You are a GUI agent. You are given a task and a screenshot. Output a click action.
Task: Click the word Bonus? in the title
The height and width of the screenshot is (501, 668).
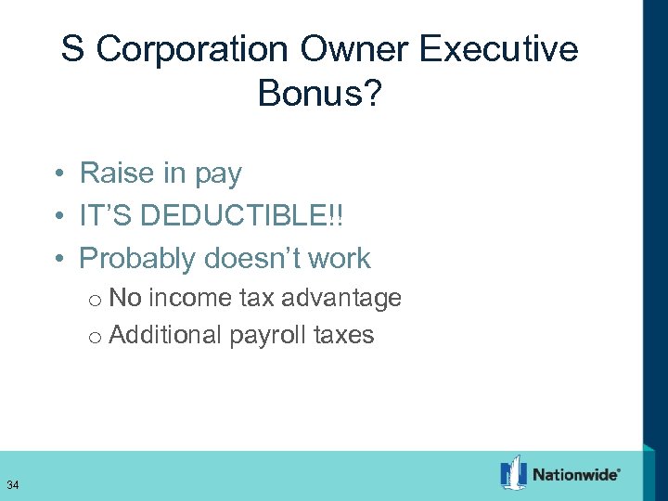coord(319,92)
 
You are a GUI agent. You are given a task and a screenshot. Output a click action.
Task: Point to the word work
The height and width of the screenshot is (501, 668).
coord(340,259)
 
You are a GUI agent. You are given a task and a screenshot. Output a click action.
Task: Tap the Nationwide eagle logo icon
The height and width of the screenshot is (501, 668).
coord(513,473)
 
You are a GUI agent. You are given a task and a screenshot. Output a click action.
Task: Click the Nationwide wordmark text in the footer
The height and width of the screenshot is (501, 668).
coord(575,474)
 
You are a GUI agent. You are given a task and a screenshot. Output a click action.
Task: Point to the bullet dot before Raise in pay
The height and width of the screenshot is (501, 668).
coord(58,174)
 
